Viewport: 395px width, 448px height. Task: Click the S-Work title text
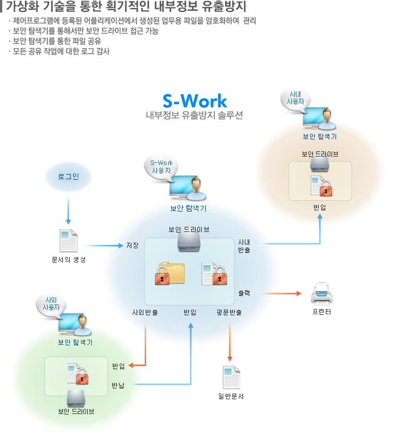(194, 101)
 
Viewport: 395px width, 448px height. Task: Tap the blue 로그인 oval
(68, 177)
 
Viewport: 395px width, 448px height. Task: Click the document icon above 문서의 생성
(68, 240)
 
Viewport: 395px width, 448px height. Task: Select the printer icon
(322, 294)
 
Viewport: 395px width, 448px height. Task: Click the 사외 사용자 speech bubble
(51, 303)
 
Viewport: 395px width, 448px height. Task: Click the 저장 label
(133, 246)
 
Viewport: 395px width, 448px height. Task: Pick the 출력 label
(244, 293)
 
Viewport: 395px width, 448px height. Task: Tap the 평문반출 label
(229, 312)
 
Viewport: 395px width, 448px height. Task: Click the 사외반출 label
(145, 312)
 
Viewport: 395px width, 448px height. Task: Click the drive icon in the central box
(189, 243)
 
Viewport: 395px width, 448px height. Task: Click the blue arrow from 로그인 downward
(68, 210)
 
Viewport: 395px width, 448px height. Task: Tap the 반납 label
(118, 386)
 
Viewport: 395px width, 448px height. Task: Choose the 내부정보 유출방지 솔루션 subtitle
(194, 115)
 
